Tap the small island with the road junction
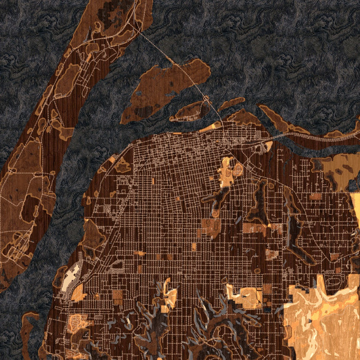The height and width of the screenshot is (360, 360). tap(191, 111)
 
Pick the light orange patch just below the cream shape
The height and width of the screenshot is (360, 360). tap(78, 293)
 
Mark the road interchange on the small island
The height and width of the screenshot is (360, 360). tap(206, 98)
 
